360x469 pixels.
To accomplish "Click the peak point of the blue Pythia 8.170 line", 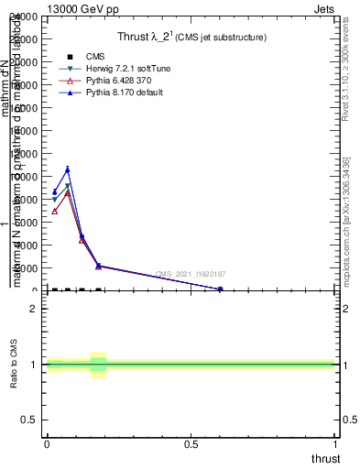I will [x=68, y=169].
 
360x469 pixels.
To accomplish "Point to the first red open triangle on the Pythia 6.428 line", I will [x=55, y=211].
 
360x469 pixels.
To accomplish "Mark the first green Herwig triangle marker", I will [x=55, y=200].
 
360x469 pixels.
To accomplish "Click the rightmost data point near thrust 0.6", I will [x=220, y=289].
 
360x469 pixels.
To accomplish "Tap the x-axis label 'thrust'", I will [x=325, y=459].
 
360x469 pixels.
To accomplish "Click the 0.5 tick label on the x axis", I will [x=192, y=445].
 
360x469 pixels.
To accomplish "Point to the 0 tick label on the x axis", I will [x=47, y=445].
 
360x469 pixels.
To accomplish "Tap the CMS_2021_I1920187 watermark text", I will [x=191, y=275].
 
